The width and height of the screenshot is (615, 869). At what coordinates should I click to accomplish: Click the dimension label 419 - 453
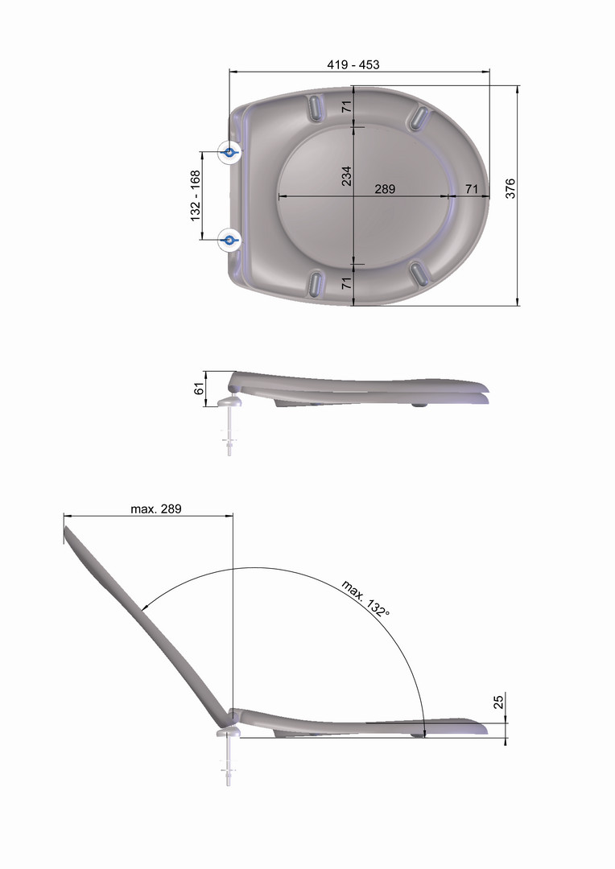pos(353,65)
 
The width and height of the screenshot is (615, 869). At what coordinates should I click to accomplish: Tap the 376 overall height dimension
pos(510,187)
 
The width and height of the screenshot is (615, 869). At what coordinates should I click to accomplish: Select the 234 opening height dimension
pos(347,175)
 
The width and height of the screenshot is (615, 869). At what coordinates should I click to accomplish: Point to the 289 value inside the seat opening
pos(385,189)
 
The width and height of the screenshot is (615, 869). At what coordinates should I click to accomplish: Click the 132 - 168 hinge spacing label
pos(195,196)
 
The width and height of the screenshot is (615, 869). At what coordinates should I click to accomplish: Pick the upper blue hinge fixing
pos(229,151)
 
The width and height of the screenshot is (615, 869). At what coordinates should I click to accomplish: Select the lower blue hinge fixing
pos(229,240)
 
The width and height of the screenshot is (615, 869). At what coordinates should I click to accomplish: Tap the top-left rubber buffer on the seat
pos(316,106)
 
